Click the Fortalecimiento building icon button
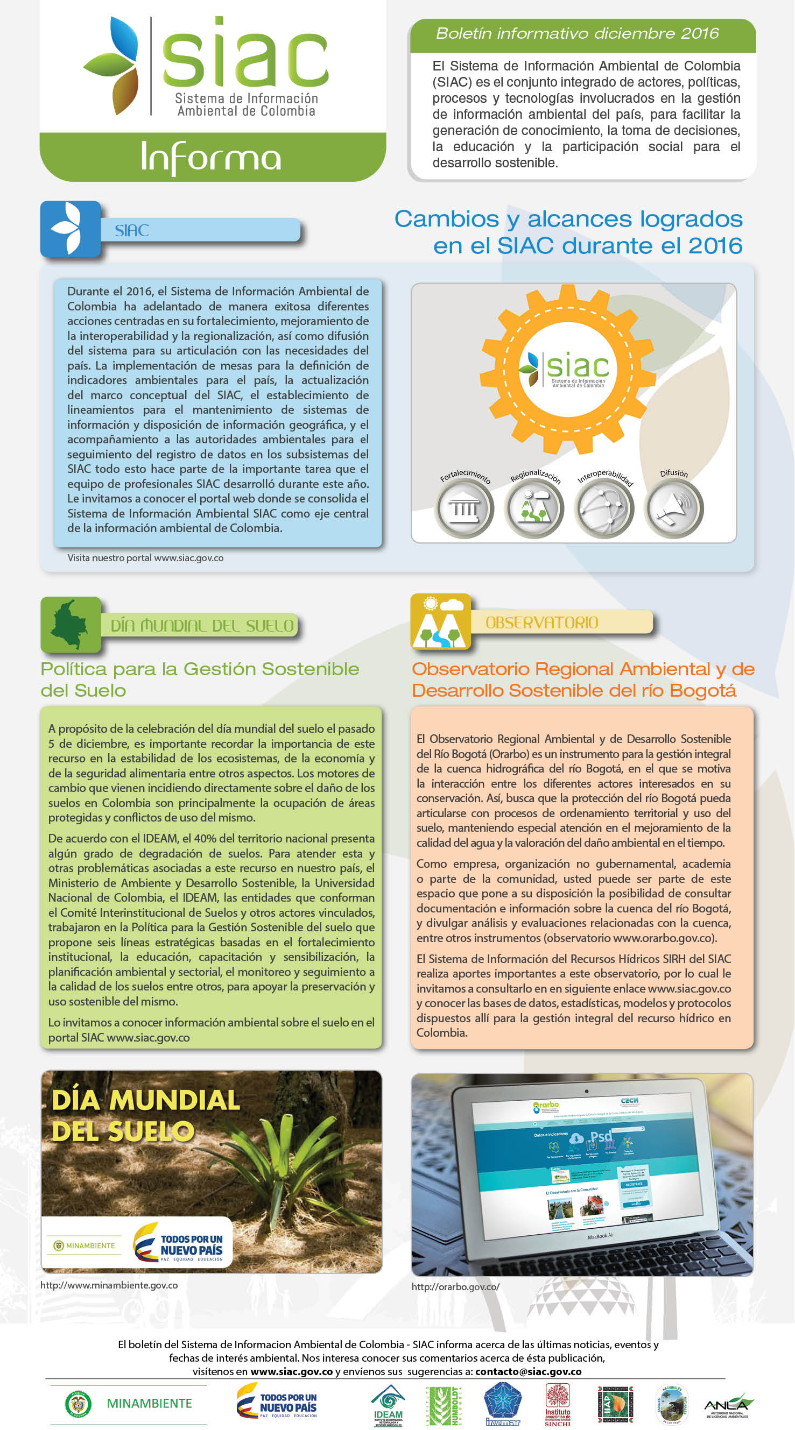pos(464,508)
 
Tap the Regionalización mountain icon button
pos(534,508)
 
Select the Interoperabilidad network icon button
pos(604,508)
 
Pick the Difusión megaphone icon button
pos(673,508)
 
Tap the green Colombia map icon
pos(70,624)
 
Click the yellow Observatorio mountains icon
pos(440,622)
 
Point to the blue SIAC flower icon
pos(69,229)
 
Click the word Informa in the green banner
pos(211,158)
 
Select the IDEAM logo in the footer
pos(388,1405)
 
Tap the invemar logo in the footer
pos(503,1405)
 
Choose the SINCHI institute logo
pos(557,1405)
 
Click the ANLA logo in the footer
pos(728,1405)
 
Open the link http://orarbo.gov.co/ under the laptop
pos(455,1287)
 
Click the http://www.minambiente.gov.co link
pos(109,1285)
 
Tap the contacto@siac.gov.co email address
pos(529,1371)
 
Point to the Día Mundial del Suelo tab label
pos(202,626)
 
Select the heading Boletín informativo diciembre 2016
pos(577,33)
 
